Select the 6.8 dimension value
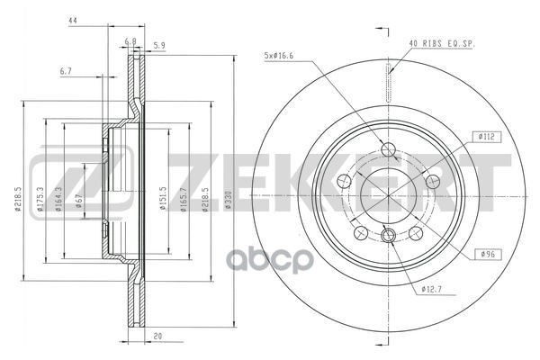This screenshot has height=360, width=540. pos(130,41)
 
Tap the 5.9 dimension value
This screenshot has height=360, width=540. pos(160,46)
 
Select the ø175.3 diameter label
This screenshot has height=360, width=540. pos(41,200)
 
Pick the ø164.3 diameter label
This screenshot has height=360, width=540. pos(60,200)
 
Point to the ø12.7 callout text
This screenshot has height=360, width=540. pos(432,289)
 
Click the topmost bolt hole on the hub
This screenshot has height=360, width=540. pos(389,150)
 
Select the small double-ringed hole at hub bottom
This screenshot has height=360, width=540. pos(389,237)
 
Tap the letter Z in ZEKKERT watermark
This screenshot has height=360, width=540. pos(51,175)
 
